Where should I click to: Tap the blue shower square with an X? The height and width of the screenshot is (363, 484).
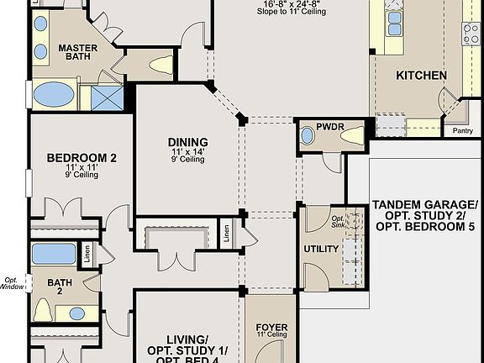(108, 98)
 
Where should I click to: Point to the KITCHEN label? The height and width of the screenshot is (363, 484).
(421, 76)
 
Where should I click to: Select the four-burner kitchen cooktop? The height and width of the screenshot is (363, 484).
(471, 33)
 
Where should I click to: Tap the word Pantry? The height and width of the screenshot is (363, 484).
(462, 130)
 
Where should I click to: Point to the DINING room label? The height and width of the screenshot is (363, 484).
(187, 141)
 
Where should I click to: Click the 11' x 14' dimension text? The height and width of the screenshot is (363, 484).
(187, 151)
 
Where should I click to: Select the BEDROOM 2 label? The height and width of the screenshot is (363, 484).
(81, 158)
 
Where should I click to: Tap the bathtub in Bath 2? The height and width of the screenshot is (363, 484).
(54, 253)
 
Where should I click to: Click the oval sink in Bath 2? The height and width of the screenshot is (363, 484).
(76, 313)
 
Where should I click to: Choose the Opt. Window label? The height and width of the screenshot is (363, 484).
(13, 283)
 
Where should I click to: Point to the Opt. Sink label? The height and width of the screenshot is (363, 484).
(337, 221)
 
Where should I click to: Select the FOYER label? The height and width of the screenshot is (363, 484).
(271, 327)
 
